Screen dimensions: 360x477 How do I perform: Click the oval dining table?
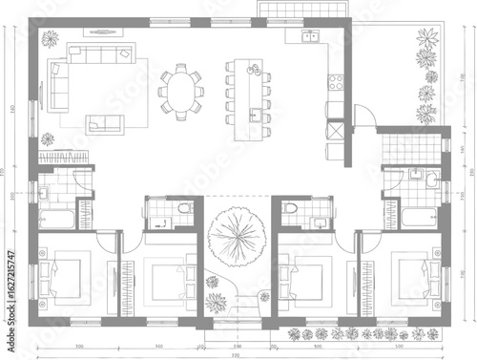click(x=181, y=91)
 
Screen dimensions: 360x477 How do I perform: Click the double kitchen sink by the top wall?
click(x=310, y=39)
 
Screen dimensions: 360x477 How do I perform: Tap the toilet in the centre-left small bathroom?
click(x=185, y=207)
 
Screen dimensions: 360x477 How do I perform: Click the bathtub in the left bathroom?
click(x=54, y=218)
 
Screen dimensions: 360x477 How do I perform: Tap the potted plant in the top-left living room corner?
click(x=51, y=40)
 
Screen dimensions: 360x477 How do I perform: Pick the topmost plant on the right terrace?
click(x=425, y=39)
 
